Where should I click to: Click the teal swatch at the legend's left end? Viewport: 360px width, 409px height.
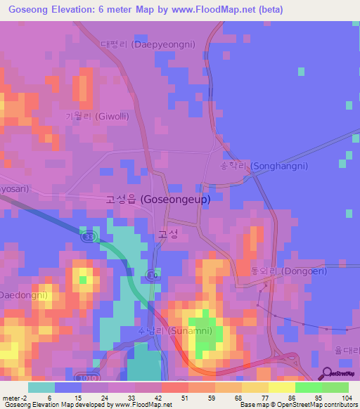pyautogui.click(x=41, y=387)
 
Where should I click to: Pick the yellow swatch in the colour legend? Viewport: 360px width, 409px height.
pyautogui.click(x=282, y=387)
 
